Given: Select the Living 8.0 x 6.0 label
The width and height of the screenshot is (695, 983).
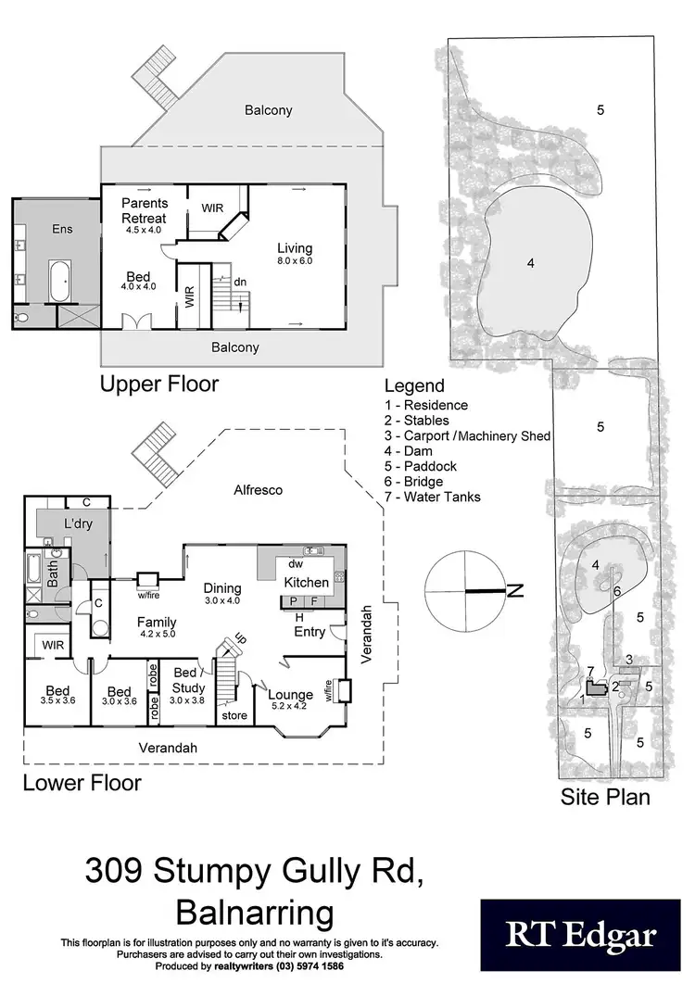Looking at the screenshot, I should [295, 254].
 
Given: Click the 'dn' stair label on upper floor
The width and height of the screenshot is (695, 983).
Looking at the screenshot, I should [239, 283].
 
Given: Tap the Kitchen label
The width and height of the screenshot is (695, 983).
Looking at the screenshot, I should [306, 583].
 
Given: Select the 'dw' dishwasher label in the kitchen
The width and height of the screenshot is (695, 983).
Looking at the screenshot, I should [296, 563].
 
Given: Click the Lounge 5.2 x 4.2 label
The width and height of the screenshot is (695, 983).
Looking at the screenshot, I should [291, 700].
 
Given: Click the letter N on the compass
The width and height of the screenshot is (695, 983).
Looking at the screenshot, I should [516, 590].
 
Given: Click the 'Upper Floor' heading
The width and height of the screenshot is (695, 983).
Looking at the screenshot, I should [159, 384].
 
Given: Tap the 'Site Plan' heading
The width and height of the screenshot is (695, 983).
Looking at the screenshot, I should [604, 796].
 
